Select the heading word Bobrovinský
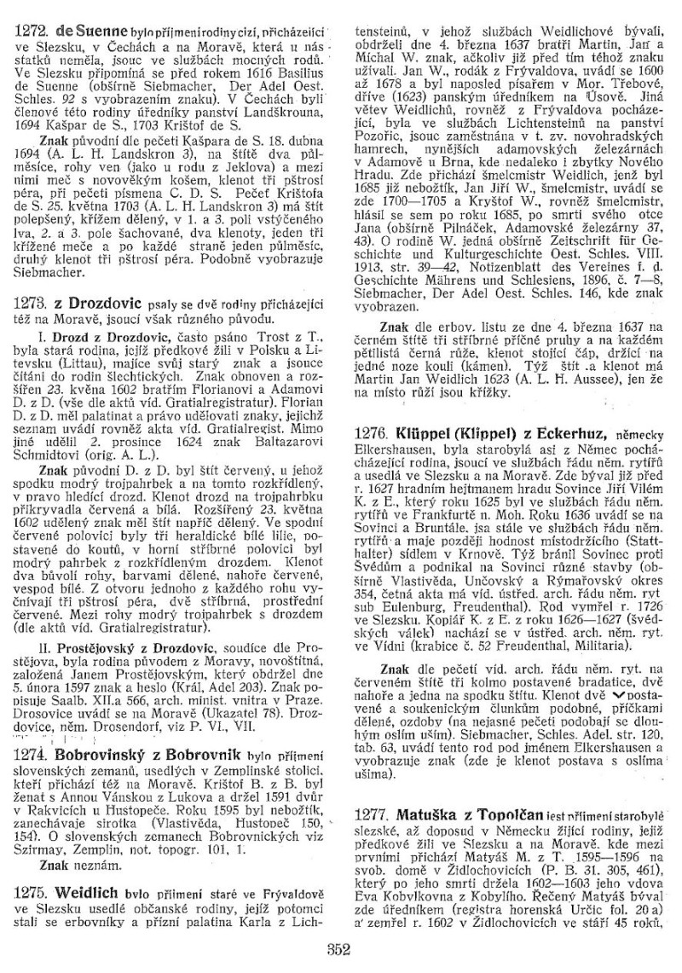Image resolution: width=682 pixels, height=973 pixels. (101, 755)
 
